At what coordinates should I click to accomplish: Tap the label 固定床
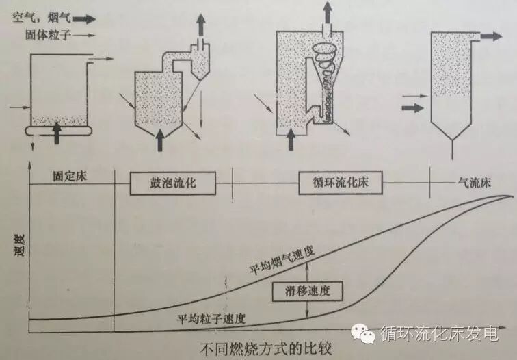[69, 176]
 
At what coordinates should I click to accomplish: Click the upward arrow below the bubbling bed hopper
[161, 137]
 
